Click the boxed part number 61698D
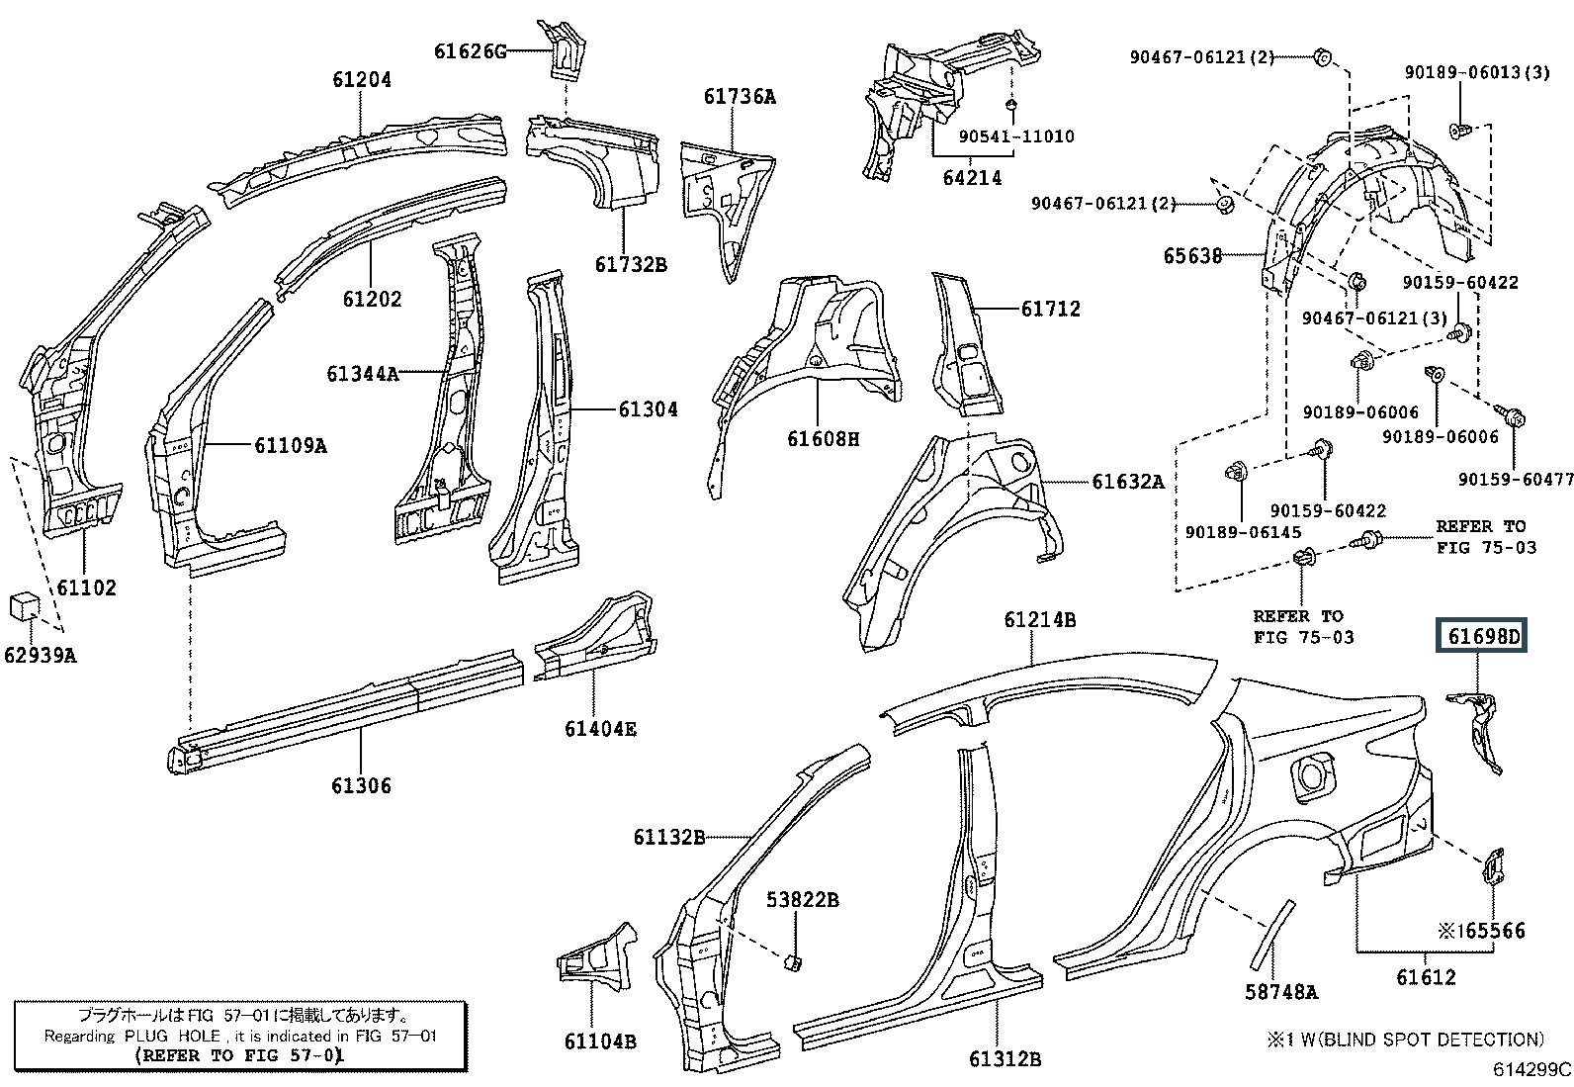point(1480,636)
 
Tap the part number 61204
point(362,79)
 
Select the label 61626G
point(470,51)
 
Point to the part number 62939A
point(41,656)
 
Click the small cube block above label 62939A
point(25,606)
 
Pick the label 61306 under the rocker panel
point(361,785)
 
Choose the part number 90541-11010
point(1016,136)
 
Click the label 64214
point(973,178)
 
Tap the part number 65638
point(1192,256)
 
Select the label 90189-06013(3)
point(1477,72)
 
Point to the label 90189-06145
point(1243,532)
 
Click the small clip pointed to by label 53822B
point(792,962)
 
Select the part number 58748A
point(1281,992)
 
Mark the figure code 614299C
point(1531,1069)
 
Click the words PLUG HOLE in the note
point(172,1036)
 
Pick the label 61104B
point(600,1042)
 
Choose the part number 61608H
point(823,439)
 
